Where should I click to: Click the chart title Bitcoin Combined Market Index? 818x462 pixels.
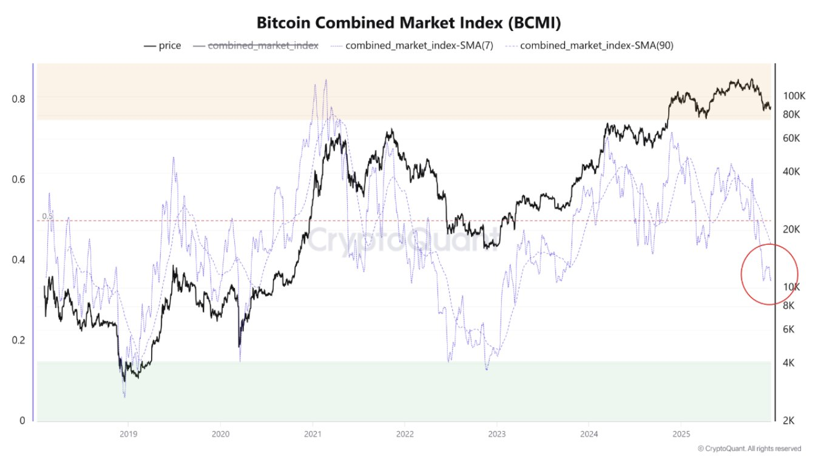(409, 23)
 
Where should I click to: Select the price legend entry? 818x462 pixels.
(162, 45)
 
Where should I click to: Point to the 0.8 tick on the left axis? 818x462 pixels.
(18, 99)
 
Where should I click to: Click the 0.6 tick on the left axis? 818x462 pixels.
(18, 179)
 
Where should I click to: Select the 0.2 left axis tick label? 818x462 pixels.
(18, 340)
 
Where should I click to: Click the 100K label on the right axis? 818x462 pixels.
(794, 96)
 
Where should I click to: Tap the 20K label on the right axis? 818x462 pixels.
(791, 229)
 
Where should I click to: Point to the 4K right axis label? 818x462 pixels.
(789, 363)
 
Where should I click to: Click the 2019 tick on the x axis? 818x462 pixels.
(128, 434)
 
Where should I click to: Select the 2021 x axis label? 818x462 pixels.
(313, 434)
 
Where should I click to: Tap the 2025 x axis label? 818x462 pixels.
(681, 434)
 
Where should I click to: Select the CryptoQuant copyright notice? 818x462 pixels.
(749, 449)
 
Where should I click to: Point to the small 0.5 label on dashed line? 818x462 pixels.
(47, 216)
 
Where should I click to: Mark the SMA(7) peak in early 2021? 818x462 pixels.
(326, 80)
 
